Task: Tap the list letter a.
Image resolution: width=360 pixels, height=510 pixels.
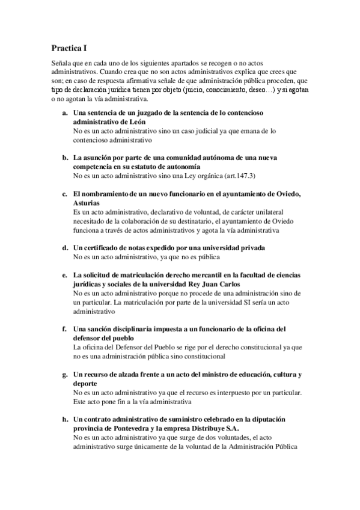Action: pos(65,112)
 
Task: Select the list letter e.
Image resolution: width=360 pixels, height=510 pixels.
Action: pos(65,275)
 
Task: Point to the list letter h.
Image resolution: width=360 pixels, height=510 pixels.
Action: pos(65,419)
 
